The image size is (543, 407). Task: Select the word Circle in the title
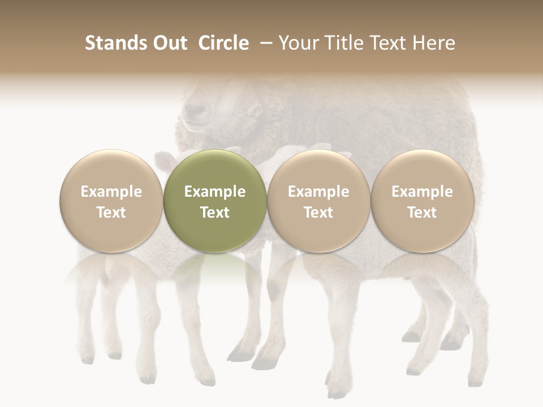[x=223, y=43]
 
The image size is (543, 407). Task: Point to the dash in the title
[x=264, y=44]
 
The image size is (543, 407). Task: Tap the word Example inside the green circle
[x=215, y=192]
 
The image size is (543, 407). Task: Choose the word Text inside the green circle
[x=215, y=213]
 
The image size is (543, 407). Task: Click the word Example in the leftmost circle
[x=111, y=192]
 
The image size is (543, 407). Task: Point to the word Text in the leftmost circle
[x=111, y=213]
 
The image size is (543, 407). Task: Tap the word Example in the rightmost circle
[x=423, y=192]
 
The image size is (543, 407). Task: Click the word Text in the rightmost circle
[x=423, y=213]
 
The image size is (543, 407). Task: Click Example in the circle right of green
[x=318, y=192]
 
